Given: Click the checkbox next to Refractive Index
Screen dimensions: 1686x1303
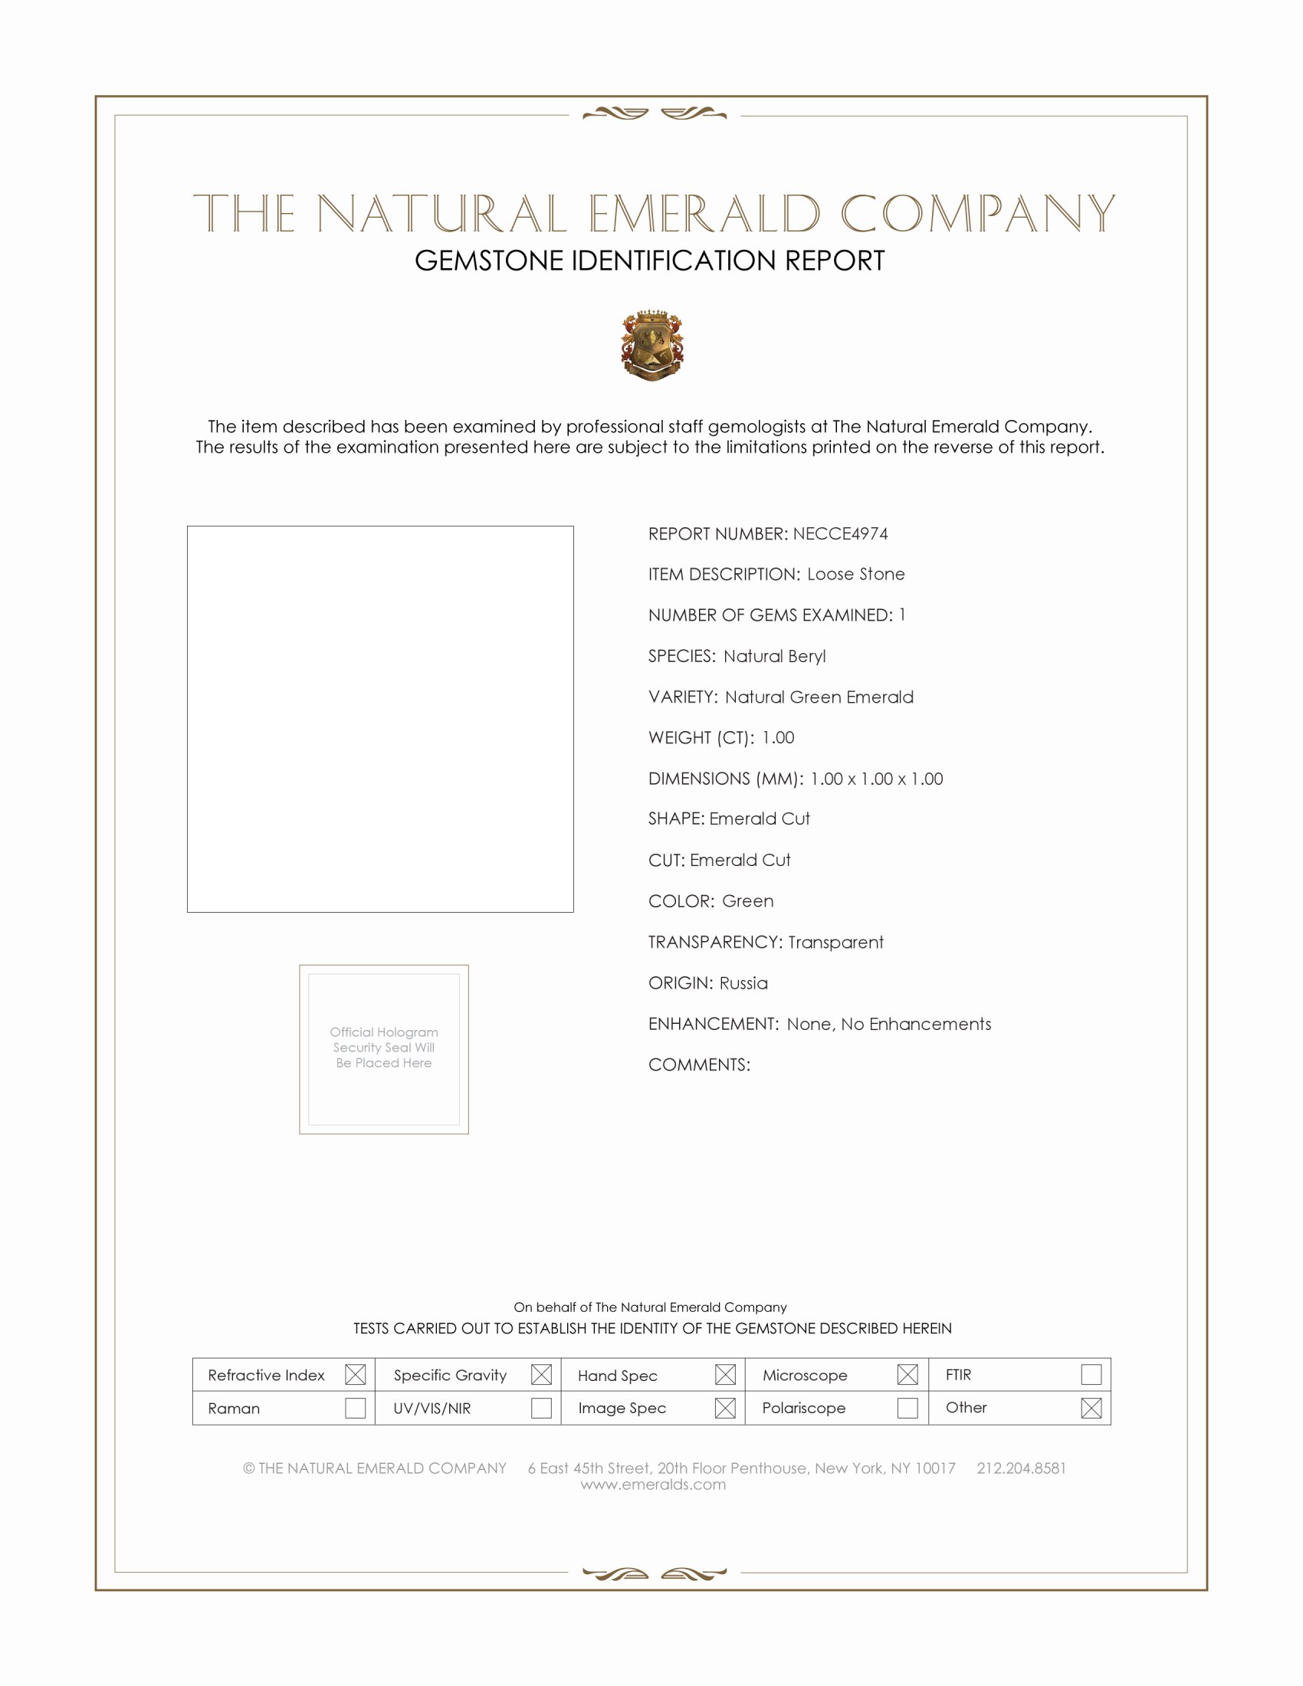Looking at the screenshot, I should [355, 1374].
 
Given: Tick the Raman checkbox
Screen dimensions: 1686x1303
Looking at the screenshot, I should [355, 1408].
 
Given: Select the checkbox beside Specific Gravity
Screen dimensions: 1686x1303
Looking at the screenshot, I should [541, 1374].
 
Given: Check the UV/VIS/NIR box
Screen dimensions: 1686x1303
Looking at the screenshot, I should [541, 1408].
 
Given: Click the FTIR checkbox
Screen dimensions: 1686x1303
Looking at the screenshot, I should [1091, 1374].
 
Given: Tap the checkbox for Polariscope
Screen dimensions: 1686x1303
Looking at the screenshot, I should [908, 1408].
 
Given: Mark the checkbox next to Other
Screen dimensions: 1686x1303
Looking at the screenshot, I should [1091, 1408].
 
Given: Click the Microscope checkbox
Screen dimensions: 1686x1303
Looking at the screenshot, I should [908, 1374].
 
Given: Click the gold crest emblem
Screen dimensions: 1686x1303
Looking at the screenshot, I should [652, 345].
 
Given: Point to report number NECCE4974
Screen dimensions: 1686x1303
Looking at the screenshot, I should [840, 534].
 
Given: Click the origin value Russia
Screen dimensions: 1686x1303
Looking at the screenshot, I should [743, 983].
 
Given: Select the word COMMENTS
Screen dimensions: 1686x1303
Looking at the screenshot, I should [698, 1065].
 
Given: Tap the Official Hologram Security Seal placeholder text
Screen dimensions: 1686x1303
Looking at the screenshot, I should [384, 1048].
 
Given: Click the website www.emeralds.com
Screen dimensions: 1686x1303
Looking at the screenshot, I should [653, 1484].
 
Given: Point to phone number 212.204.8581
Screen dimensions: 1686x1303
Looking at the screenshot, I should [1020, 1468].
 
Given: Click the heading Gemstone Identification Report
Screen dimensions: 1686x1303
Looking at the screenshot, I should [649, 261].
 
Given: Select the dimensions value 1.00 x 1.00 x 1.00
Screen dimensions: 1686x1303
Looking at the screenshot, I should [876, 779].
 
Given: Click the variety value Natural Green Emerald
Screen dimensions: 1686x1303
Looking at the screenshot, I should [819, 697].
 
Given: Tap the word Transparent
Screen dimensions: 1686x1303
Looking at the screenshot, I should [835, 943].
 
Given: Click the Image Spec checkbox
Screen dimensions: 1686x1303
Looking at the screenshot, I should [725, 1408].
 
